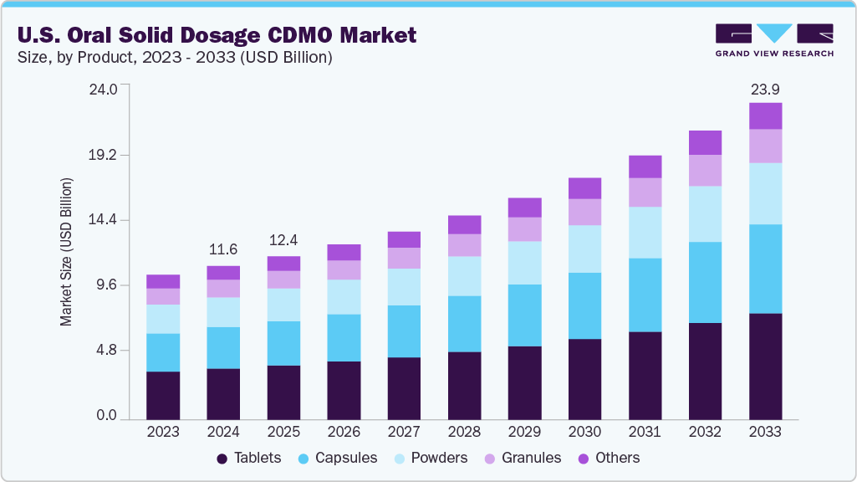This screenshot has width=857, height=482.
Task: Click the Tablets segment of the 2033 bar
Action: pos(765,367)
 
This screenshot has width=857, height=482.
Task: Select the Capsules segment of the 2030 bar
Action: pos(584,305)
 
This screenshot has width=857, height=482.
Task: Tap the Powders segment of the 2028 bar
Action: pos(464,276)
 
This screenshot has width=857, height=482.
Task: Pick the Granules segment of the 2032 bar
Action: pos(705,170)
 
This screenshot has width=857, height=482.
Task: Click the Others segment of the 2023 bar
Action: pos(163,281)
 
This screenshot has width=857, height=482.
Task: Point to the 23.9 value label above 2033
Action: pos(765,89)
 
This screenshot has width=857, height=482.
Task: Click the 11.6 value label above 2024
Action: pos(223,249)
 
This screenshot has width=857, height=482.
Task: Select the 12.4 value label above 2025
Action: pos(283,240)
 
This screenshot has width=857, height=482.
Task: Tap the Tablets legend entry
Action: pos(248,458)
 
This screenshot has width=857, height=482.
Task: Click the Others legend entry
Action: pos(608,458)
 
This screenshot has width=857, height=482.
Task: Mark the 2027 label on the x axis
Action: pos(404,432)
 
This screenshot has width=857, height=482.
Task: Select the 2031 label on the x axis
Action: pos(645,432)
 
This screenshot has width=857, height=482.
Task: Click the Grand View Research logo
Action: pos(773,40)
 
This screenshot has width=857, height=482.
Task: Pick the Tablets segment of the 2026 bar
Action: pos(344,390)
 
